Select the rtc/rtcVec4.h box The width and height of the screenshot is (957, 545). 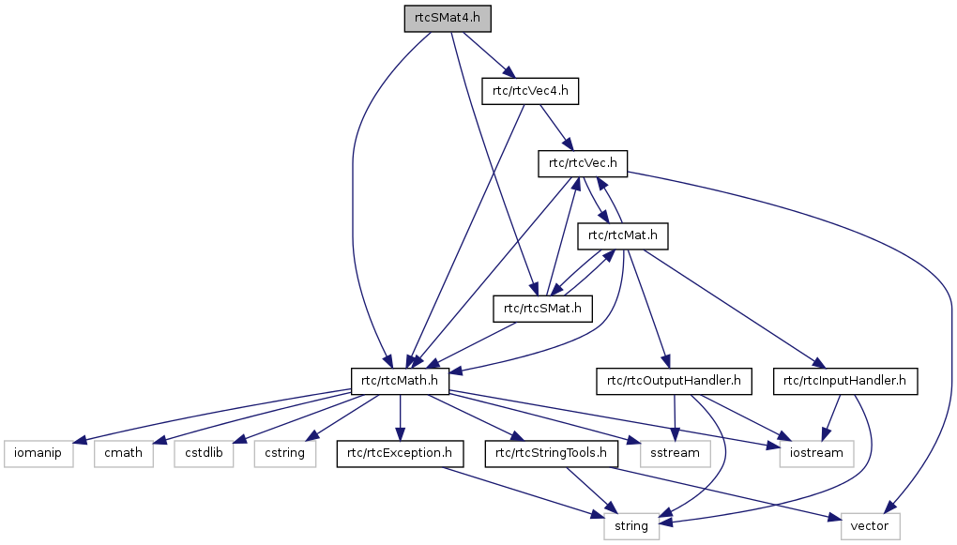click(x=530, y=91)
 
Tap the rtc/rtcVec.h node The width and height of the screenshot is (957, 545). click(x=582, y=163)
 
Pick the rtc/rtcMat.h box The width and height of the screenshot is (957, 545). click(x=623, y=235)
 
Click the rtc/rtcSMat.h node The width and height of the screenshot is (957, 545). click(x=543, y=308)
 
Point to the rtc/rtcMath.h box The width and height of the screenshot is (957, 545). click(x=401, y=381)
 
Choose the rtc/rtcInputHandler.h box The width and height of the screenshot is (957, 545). click(x=844, y=381)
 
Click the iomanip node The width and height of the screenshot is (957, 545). click(x=38, y=454)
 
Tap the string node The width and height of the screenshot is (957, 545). click(x=631, y=526)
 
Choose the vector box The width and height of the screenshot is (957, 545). click(x=870, y=526)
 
